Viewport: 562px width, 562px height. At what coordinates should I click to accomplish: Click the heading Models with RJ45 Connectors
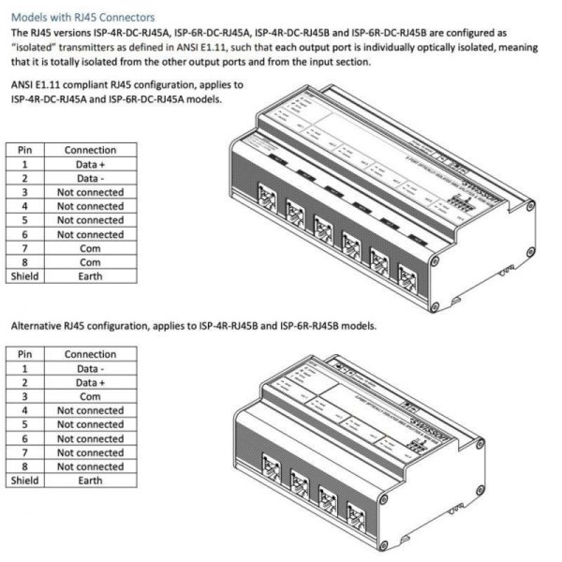[82, 17]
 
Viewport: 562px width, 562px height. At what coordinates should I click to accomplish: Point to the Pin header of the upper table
[25, 149]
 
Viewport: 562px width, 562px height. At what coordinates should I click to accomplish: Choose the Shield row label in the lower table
[25, 480]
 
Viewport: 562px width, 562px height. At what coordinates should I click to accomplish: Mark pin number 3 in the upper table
[25, 191]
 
